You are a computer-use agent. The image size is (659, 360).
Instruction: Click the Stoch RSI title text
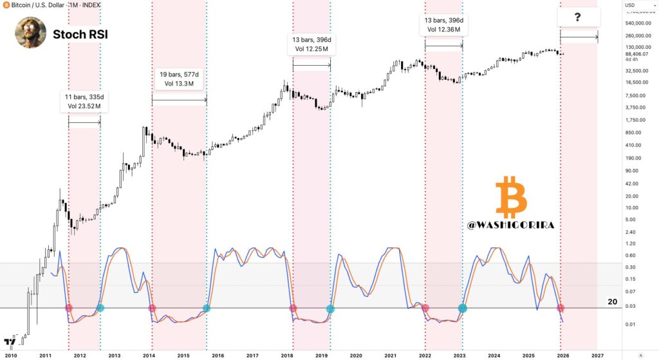pyautogui.click(x=80, y=33)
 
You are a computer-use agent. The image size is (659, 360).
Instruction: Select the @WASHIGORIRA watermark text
pyautogui.click(x=512, y=227)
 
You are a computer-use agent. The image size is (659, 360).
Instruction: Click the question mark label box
pyautogui.click(x=579, y=17)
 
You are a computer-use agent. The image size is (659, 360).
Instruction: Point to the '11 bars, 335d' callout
pyautogui.click(x=84, y=101)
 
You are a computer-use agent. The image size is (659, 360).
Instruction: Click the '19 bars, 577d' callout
pyautogui.click(x=180, y=80)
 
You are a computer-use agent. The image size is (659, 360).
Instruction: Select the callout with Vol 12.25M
pyautogui.click(x=311, y=45)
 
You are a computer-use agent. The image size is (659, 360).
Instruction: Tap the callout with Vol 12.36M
pyautogui.click(x=443, y=24)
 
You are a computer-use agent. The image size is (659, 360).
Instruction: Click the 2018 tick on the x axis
pyautogui.click(x=286, y=355)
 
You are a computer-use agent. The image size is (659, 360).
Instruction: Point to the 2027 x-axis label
pyautogui.click(x=597, y=355)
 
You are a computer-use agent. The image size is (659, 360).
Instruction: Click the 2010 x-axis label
pyautogui.click(x=11, y=355)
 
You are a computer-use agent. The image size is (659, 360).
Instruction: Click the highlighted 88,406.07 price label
pyautogui.click(x=637, y=54)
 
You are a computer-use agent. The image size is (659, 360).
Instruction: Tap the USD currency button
pyautogui.click(x=630, y=5)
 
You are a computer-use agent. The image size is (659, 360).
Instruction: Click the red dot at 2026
pyautogui.click(x=561, y=308)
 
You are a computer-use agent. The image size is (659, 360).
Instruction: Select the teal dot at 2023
pyautogui.click(x=462, y=308)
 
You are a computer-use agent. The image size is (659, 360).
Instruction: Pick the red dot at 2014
pyautogui.click(x=152, y=308)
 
